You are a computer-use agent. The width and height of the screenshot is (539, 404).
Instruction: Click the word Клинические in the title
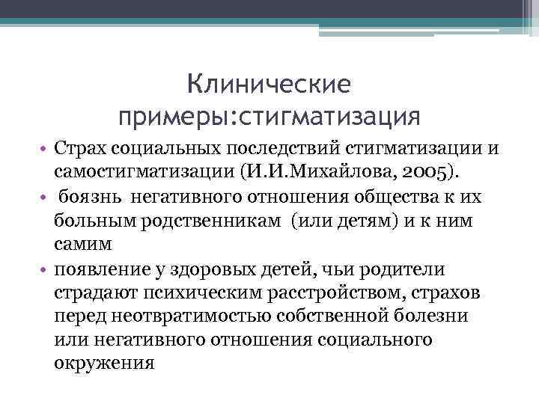269,85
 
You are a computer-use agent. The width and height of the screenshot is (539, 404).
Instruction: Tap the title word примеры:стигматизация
269,117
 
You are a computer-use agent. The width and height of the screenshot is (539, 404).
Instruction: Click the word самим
82,244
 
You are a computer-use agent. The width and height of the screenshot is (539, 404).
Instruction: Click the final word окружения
104,364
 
